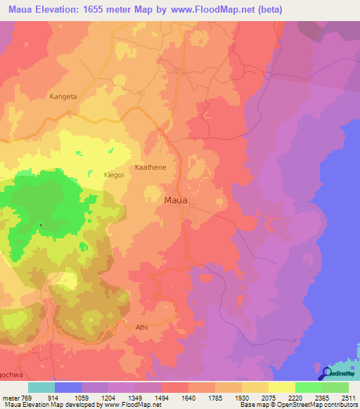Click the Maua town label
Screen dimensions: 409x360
[175, 200]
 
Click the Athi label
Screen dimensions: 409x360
[141, 327]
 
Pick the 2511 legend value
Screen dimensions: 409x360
[349, 398]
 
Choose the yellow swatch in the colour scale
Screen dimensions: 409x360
[281, 387]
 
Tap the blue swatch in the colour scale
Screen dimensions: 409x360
[67, 387]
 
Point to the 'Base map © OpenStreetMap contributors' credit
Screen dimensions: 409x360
[297, 405]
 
